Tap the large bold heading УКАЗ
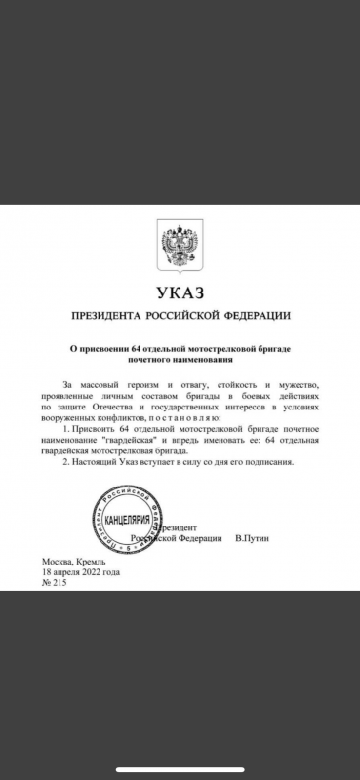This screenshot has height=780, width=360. [x=180, y=293]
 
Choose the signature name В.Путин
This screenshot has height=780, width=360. [x=257, y=537]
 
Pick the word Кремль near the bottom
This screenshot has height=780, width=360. [x=95, y=562]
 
